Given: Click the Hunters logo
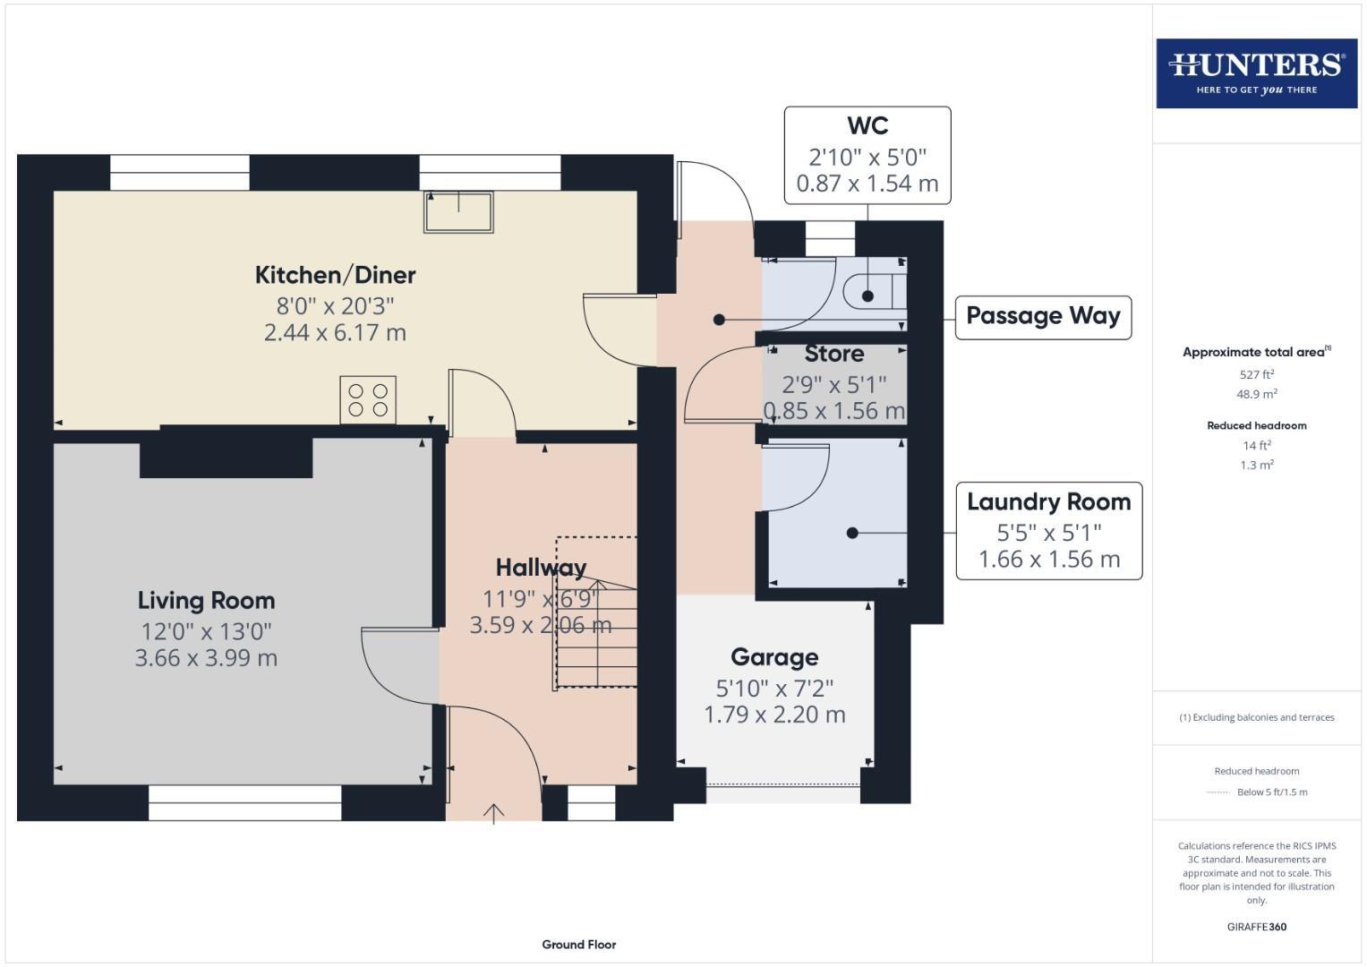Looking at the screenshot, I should tap(1256, 73).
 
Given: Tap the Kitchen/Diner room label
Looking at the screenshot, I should tap(335, 275).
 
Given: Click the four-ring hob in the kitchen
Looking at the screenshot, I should tap(368, 399).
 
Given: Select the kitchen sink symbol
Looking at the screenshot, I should tap(458, 212).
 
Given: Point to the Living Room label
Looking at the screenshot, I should tap(206, 601).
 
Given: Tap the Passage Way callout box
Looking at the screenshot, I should tap(1043, 317).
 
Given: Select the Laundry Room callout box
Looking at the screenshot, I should tap(1048, 531).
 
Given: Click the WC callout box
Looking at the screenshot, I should tap(867, 155).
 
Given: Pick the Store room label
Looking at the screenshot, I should tap(833, 355).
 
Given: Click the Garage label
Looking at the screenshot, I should tap(774, 657).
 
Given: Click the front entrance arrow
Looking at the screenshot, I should tap(493, 813).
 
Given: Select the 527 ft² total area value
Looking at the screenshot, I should tap(1256, 374).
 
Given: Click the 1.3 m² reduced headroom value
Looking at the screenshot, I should tap(1256, 465).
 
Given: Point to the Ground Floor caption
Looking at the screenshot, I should tap(578, 944).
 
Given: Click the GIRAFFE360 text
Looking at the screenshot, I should tap(1256, 927).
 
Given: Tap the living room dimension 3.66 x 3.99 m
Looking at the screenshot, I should tap(206, 658).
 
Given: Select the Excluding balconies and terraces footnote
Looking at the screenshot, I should tap(1256, 717).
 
